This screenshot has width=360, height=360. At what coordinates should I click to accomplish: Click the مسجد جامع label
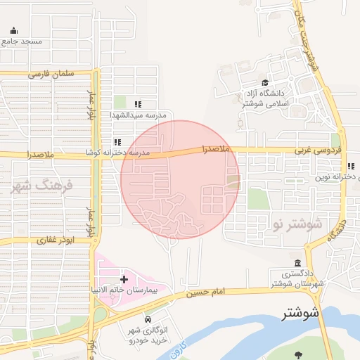(x=22, y=41)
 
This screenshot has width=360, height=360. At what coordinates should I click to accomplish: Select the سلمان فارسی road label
(x=51, y=73)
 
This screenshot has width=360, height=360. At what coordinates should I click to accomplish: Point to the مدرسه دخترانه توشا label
(x=141, y=152)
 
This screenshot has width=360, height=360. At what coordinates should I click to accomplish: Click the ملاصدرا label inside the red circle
(x=216, y=149)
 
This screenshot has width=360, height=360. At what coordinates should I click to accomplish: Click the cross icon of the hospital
(x=124, y=279)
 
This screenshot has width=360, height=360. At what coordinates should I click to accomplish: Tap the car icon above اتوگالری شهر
(x=148, y=320)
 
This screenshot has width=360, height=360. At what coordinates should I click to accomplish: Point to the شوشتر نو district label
(x=296, y=225)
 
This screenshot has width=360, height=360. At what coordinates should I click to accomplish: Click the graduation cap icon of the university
(x=264, y=82)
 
